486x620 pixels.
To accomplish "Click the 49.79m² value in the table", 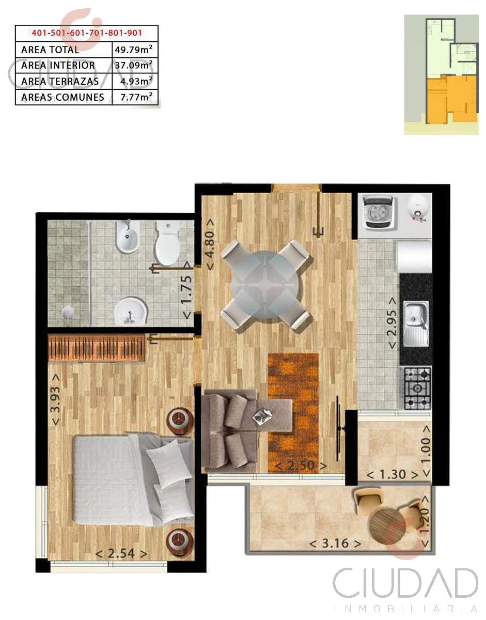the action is point(133,50).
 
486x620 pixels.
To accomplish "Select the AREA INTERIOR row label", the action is point(58,65).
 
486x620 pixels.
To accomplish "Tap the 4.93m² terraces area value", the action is point(136,81).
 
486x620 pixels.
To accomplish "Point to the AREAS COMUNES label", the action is point(62,97).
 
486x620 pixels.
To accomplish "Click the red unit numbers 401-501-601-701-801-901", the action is point(87,33).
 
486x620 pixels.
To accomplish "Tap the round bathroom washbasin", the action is point(131,312).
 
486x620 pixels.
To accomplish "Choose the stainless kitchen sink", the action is point(416,324).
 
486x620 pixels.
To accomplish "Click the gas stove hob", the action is point(417,389).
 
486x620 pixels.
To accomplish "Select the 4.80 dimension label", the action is point(210,244).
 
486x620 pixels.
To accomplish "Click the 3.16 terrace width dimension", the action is point(335,544).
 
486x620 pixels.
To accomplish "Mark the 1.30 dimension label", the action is point(393,475).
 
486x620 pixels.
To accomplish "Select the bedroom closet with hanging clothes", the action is point(97,348).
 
